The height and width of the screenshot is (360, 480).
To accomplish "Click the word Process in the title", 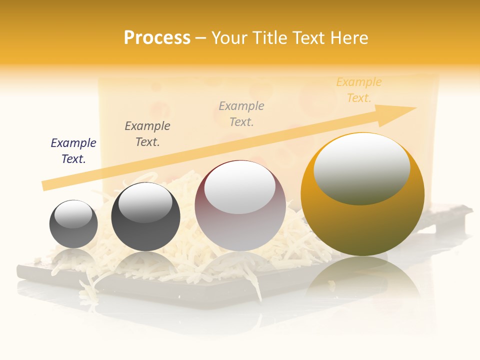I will coord(157,38).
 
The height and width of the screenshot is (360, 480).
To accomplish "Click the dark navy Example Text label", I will coord(73,151).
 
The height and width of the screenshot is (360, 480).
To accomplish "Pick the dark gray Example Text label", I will coord(147,134).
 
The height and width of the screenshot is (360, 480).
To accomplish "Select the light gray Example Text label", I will coord(241,113).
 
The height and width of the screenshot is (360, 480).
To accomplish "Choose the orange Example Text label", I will coord(359,90).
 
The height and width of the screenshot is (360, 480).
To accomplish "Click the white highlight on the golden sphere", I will coord(362,167).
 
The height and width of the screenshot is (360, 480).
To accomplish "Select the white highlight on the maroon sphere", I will coord(240,188).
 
